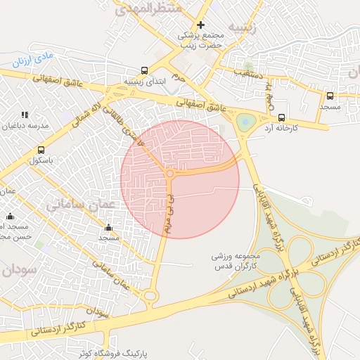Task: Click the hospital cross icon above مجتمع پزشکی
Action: (200, 25)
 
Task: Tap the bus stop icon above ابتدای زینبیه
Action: (144, 70)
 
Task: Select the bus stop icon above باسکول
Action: (41, 150)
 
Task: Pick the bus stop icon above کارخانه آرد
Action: (282, 117)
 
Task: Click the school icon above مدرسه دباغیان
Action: (25, 115)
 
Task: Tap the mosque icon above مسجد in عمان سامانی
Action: (108, 228)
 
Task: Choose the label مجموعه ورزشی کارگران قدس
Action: (236, 261)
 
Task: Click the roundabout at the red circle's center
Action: (169, 173)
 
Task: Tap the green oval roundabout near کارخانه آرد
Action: (245, 122)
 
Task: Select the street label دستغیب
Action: (248, 73)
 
